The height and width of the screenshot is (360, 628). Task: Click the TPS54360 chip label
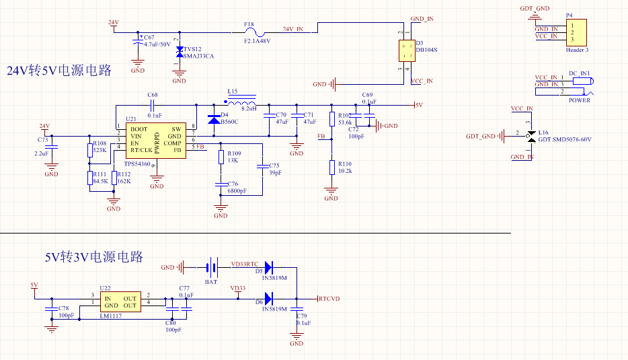click(137, 164)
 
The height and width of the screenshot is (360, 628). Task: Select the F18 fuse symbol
click(253, 30)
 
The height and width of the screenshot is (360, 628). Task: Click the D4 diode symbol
click(214, 120)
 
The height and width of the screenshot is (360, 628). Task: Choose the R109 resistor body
click(221, 157)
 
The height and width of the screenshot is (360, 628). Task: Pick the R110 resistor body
click(331, 168)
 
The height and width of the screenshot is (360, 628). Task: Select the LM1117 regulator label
click(111, 316)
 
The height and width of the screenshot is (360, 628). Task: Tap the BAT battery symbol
click(212, 268)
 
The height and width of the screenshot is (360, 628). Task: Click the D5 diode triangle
click(268, 267)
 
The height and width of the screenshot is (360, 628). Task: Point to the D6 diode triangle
click(268, 298)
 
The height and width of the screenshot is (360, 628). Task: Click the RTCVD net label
click(329, 298)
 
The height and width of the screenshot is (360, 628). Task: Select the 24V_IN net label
click(292, 29)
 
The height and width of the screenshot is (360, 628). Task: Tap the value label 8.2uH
click(249, 108)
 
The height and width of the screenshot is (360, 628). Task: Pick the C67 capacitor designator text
click(149, 37)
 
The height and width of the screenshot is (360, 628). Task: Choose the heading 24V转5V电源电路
click(58, 71)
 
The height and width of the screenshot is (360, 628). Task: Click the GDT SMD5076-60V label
click(565, 139)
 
